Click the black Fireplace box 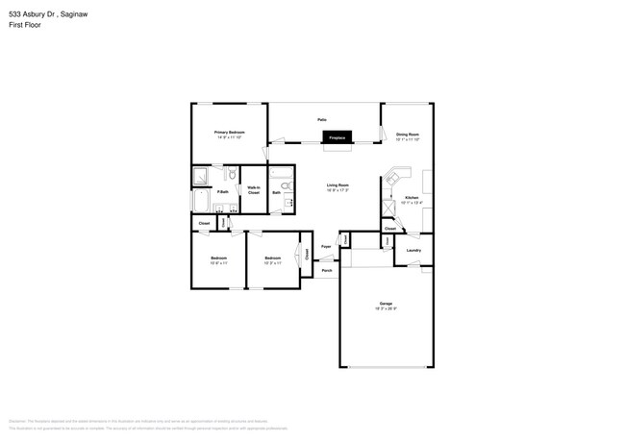pos(337,137)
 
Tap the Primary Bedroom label pos(229,131)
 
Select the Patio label pos(322,119)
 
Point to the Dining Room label pos(408,134)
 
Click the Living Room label pos(337,184)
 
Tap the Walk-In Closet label pos(254,190)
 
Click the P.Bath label pos(222,192)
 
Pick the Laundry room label pos(414,251)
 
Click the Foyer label pos(326,247)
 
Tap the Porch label pos(326,271)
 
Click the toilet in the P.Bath pos(231,174)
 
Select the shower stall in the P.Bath pos(201,175)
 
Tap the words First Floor pos(25,25)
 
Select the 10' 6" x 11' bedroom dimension pos(219,262)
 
